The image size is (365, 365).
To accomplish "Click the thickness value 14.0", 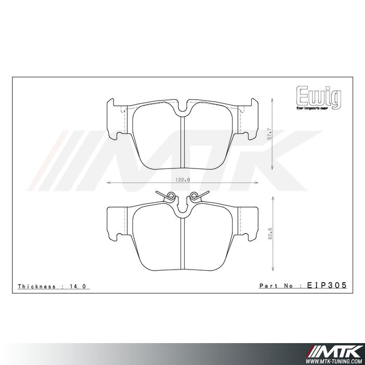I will tap(83, 286).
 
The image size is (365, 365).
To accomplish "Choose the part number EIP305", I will tap(326, 286).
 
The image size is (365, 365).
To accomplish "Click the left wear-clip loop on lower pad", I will tap(168, 196).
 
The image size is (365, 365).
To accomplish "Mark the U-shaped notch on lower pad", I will tap(182, 208).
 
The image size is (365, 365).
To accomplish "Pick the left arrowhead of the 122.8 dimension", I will tap(108, 183).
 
